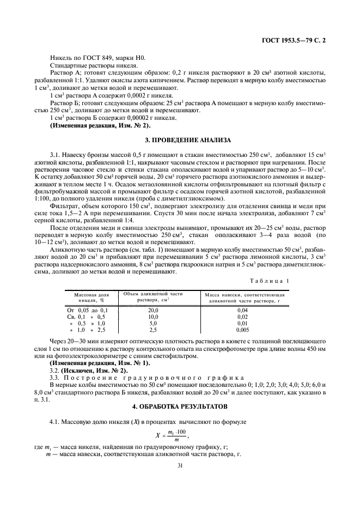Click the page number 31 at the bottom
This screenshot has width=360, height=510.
pyautogui.click(x=180, y=465)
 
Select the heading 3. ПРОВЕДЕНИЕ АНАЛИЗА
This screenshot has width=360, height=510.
pyautogui.click(x=180, y=140)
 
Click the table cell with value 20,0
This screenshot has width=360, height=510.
pyautogui.click(x=153, y=309)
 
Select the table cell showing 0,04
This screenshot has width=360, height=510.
pyautogui.click(x=243, y=309)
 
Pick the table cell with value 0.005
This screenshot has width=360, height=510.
pyautogui.click(x=243, y=330)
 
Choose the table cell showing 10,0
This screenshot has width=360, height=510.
pyautogui.click(x=153, y=317)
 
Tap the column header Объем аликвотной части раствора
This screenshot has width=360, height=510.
pyautogui.click(x=153, y=296)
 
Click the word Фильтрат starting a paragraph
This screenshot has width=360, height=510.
pyautogui.click(x=64, y=205)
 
